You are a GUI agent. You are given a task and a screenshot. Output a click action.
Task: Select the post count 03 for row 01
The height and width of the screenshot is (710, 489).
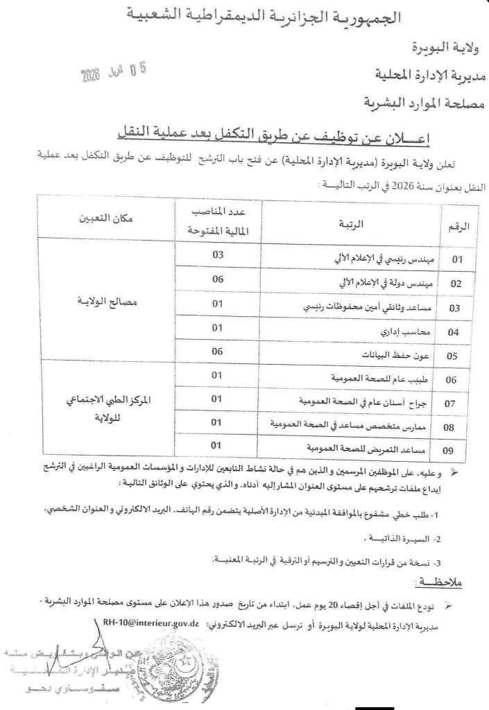[217, 256]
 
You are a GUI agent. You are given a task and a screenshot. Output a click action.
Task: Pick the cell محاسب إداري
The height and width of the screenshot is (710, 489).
[406, 331]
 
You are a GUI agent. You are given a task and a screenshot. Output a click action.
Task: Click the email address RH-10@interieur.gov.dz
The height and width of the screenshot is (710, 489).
[151, 623]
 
